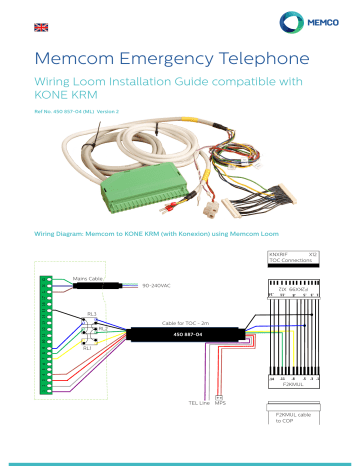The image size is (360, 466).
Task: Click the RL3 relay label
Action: [91, 313]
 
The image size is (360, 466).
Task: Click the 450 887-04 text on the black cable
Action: [187, 335]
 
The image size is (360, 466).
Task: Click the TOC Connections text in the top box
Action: [289, 261]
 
